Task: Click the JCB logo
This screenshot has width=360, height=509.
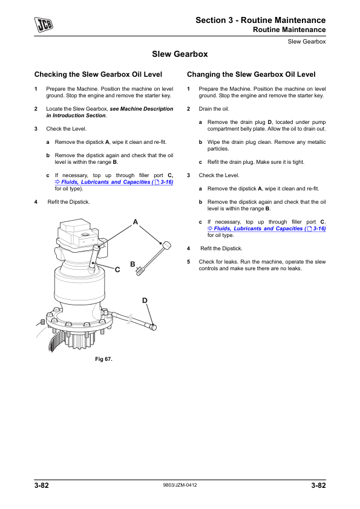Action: [x=44, y=25]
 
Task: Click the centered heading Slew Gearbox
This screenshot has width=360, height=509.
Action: [x=180, y=54]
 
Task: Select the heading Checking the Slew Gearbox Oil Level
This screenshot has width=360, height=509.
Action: [x=98, y=74]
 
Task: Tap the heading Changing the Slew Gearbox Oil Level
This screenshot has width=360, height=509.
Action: [x=251, y=74]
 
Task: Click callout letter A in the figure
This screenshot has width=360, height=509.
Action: [x=136, y=222]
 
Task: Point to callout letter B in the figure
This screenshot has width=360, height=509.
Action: [x=133, y=264]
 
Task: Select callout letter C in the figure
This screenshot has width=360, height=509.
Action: [x=117, y=270]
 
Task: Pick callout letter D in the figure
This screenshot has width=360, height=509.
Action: [x=145, y=300]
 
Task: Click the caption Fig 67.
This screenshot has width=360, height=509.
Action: [x=103, y=359]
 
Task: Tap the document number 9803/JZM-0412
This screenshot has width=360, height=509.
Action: [x=180, y=485]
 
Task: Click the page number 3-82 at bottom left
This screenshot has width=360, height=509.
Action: [x=42, y=485]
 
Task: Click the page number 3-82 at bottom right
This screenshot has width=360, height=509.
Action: [x=318, y=485]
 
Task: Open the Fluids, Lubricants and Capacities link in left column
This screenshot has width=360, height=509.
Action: [x=114, y=182]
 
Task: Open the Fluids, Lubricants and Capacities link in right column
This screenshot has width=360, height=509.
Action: [x=267, y=229]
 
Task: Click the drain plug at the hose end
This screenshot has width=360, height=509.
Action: [x=154, y=327]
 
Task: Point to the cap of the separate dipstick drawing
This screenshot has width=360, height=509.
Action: [x=166, y=245]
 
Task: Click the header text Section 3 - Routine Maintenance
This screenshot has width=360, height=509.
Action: [x=261, y=20]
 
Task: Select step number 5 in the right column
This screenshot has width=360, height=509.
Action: [x=188, y=262]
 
